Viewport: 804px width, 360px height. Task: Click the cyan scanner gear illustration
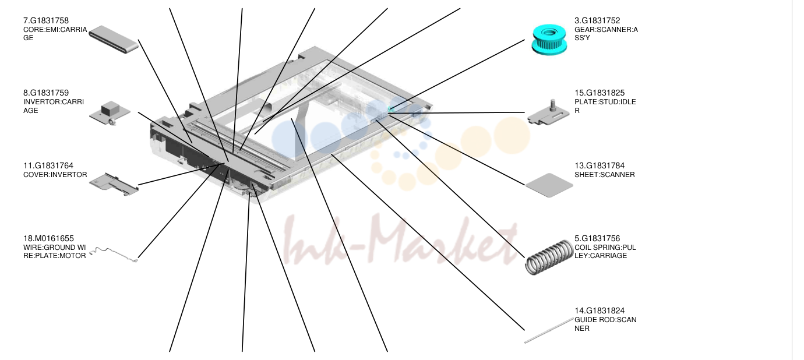coord(549,40)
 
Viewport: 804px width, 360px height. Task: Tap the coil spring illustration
coord(549,257)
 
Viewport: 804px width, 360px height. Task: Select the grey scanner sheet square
coord(549,185)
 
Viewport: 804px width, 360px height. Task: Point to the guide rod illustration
coord(549,330)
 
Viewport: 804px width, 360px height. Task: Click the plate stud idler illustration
coord(548,112)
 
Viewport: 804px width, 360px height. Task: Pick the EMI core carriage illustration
coord(114,39)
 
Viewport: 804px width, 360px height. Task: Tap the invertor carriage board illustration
coord(110,113)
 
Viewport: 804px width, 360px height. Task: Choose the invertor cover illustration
coord(114,185)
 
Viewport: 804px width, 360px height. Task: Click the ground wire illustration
coord(114,255)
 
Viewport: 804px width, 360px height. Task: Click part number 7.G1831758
coord(46,21)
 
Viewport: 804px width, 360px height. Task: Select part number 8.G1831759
coord(46,93)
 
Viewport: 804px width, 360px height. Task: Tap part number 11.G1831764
coord(48,166)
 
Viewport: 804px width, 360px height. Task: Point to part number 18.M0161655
coord(48,239)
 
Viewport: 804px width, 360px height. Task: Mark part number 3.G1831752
coord(597,21)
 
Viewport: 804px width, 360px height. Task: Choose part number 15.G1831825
coord(600,93)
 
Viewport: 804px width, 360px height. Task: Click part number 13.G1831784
coord(600,166)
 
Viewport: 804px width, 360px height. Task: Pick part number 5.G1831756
coord(597,239)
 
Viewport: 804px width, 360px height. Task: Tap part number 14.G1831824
coord(600,311)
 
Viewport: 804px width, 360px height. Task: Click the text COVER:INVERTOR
coord(55,175)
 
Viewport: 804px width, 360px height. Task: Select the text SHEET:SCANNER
coord(605,175)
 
